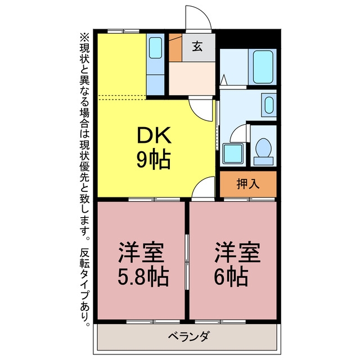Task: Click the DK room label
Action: (154, 136)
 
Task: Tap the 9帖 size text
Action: (154, 160)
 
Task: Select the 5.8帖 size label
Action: (143, 277)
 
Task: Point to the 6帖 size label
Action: (231, 277)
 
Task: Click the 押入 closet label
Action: (248, 184)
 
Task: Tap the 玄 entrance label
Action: (197, 46)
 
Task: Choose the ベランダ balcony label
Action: (189, 336)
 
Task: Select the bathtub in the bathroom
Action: (263, 67)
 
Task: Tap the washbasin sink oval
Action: (269, 105)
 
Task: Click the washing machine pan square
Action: (233, 154)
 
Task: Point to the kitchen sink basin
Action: (155, 48)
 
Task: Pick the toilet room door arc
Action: (236, 130)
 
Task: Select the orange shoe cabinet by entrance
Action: (175, 47)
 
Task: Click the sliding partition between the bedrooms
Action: (187, 262)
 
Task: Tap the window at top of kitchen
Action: (123, 31)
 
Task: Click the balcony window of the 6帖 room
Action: (220, 322)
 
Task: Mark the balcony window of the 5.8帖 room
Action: (153, 322)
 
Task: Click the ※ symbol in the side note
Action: (84, 37)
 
